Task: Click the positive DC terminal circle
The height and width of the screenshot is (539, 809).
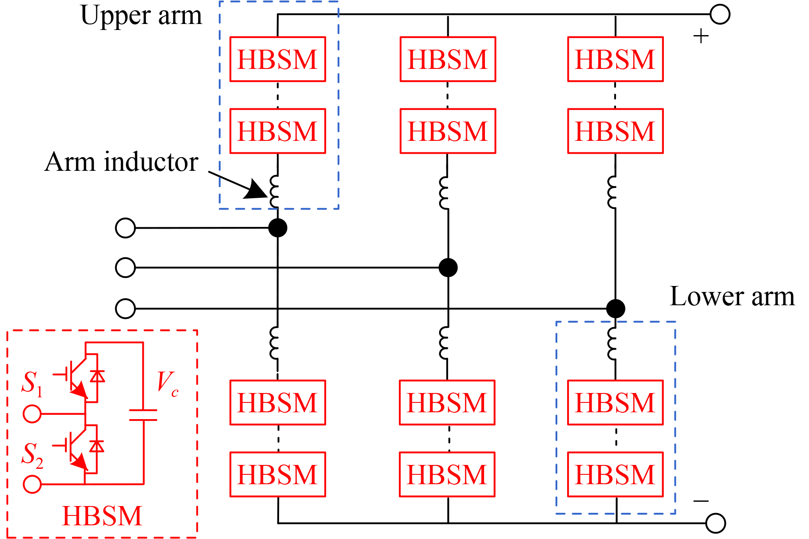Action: coord(720,15)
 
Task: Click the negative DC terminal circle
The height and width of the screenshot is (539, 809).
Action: coord(716,523)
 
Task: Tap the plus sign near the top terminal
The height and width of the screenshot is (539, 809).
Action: coord(701,36)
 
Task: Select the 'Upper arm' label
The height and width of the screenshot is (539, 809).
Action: coord(141,16)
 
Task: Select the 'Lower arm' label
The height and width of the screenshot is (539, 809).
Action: coord(732,296)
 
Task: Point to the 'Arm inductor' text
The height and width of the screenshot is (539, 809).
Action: coord(121,162)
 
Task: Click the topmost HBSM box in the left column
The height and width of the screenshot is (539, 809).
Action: coord(278,59)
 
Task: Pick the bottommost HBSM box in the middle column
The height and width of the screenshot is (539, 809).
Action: coord(447,474)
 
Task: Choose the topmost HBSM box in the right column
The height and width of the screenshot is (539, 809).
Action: coord(615,59)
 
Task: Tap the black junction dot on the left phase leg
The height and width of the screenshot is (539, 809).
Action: coord(278,228)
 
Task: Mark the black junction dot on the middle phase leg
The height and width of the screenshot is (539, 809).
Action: coord(448,268)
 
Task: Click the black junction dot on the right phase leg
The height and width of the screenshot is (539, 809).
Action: coord(616,308)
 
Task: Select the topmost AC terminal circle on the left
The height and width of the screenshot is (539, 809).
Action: coord(125,228)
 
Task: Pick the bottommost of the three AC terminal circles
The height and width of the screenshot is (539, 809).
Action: coord(125,308)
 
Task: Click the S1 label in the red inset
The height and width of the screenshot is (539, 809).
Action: coord(32,382)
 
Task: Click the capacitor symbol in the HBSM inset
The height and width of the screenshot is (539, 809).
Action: coord(143,415)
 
